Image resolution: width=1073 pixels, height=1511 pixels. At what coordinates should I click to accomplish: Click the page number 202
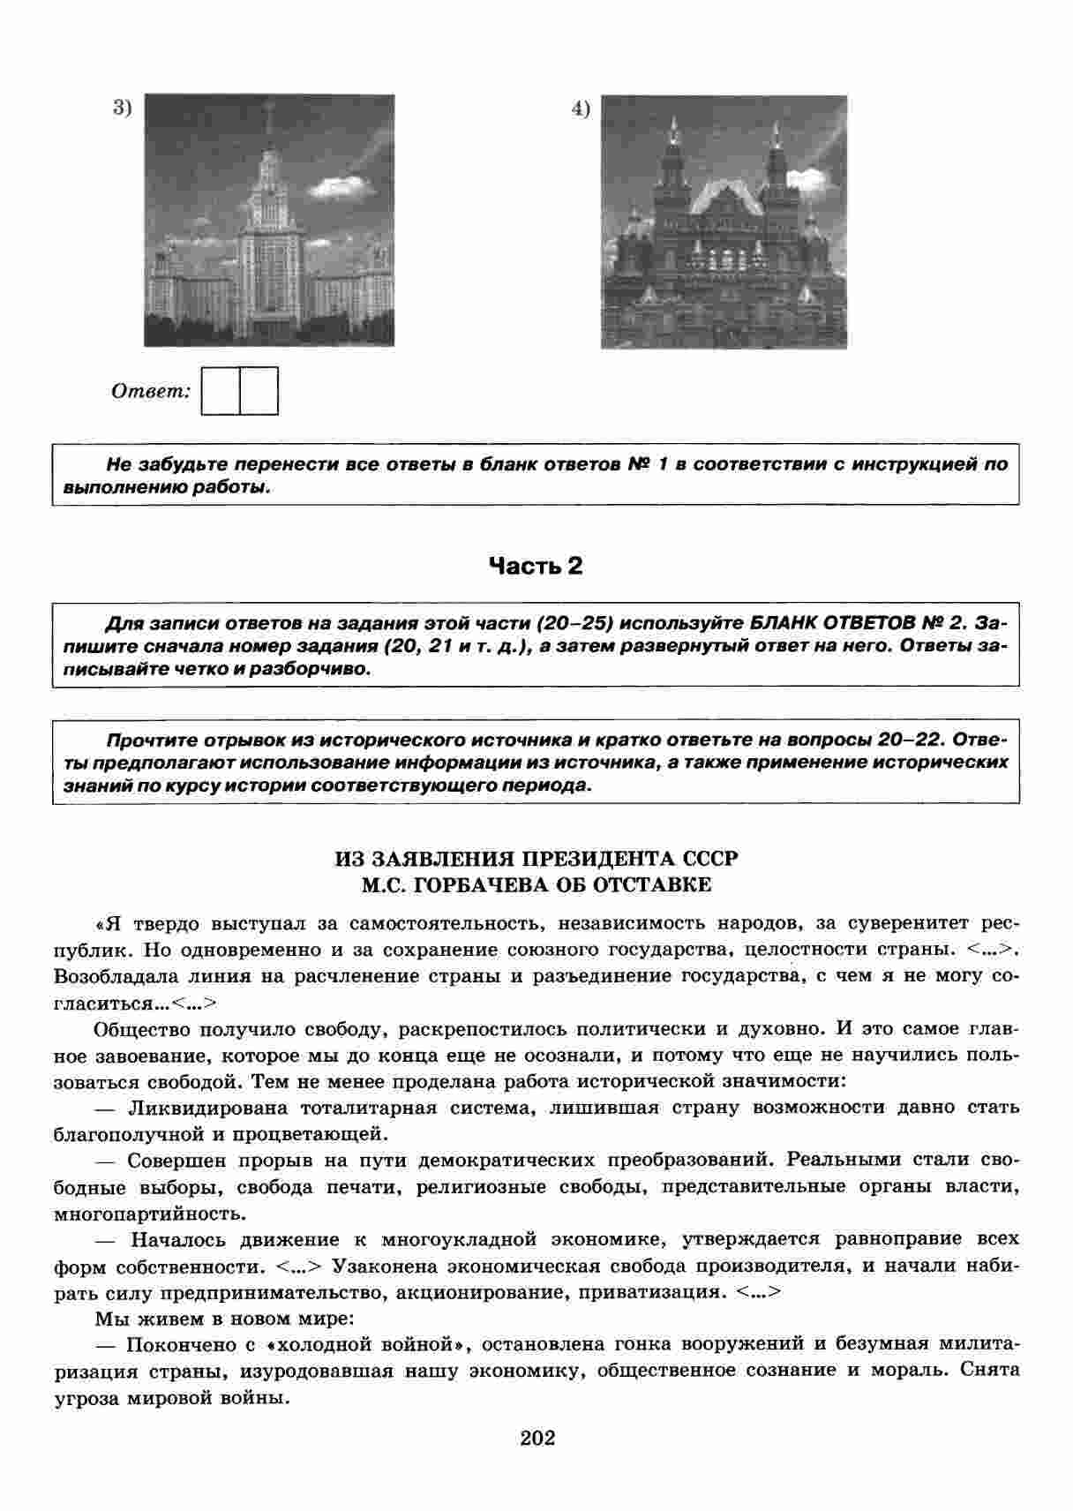[537, 1438]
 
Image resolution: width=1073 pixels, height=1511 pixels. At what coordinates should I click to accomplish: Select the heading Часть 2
[536, 565]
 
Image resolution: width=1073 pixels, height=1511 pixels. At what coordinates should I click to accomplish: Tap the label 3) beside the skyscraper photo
[122, 108]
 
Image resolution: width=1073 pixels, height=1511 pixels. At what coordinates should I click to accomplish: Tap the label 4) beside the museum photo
[580, 109]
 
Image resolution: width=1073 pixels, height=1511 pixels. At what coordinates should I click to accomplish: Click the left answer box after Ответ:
[221, 391]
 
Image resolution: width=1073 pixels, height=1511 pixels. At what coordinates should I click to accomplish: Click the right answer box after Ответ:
[259, 391]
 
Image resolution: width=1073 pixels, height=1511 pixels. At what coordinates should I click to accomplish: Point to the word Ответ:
[151, 391]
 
